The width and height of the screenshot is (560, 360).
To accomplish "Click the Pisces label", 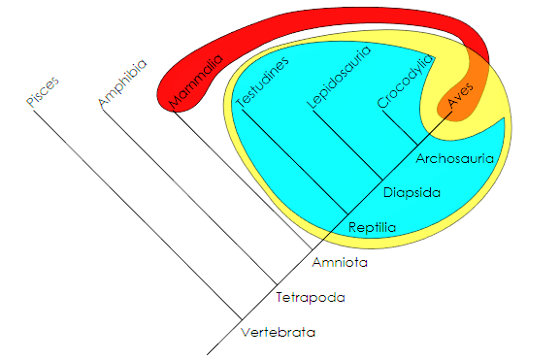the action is click(x=43, y=92).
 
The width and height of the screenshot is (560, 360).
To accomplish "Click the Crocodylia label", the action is click(x=401, y=82).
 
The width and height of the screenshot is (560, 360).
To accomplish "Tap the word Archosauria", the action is click(x=455, y=156).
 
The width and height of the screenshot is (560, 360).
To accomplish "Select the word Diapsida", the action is click(x=412, y=192).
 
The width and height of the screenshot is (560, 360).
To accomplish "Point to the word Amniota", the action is click(x=341, y=262).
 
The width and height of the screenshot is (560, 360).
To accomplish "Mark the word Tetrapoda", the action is click(x=311, y=297).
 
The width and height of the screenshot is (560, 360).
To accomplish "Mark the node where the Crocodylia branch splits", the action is click(x=416, y=144).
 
